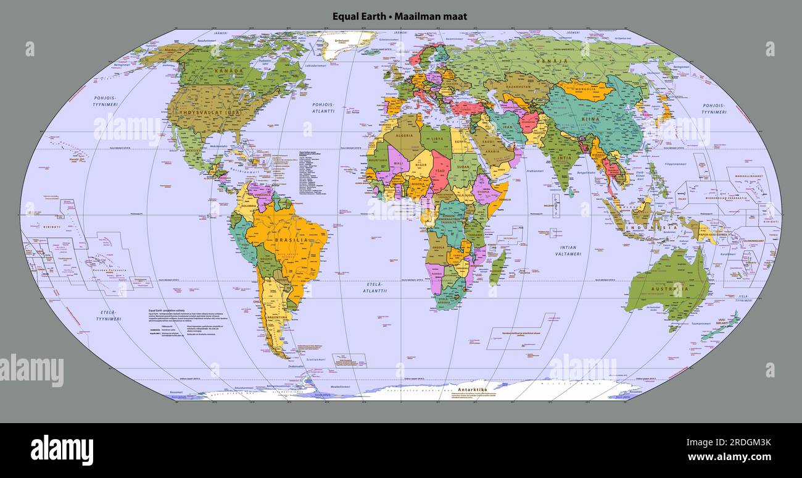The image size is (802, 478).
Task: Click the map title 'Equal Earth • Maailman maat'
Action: (400, 16)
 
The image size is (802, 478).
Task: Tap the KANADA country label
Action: (229, 71)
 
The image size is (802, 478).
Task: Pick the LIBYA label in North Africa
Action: (437, 138)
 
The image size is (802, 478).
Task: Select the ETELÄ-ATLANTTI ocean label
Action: (374, 287)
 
